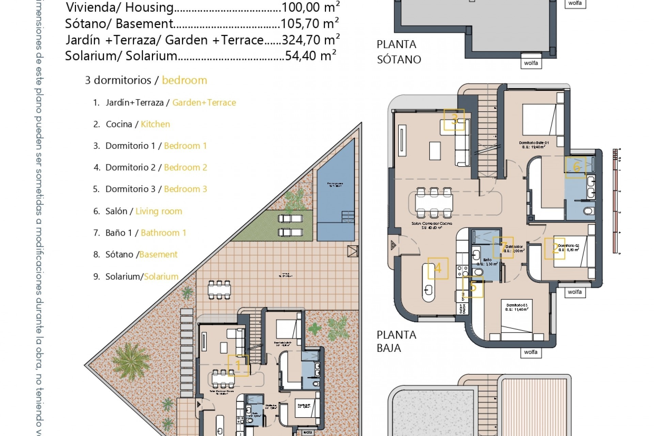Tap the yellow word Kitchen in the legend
click(155, 124)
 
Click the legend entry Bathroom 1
click(163, 233)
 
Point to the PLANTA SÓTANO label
click(399, 52)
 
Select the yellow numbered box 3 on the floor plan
click(454, 120)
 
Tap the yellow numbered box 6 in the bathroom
click(576, 167)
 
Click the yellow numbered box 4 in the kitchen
click(438, 268)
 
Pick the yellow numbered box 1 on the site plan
click(238, 365)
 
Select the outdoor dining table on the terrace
click(219, 290)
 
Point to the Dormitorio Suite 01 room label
click(533, 144)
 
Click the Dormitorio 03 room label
click(517, 307)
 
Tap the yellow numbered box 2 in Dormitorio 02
click(555, 248)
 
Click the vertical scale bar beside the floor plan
click(615, 201)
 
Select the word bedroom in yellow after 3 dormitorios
click(184, 80)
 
